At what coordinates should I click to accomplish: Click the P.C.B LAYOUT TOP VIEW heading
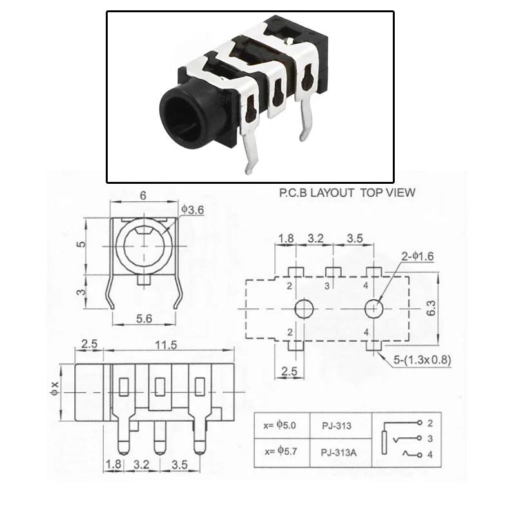(x=347, y=192)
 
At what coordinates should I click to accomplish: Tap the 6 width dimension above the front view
(x=143, y=195)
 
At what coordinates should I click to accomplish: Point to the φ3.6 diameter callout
(x=193, y=210)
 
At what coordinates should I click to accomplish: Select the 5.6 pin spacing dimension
(x=144, y=319)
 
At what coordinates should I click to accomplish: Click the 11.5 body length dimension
(x=166, y=345)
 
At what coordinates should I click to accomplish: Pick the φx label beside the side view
(x=55, y=388)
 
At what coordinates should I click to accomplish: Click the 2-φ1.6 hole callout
(x=417, y=256)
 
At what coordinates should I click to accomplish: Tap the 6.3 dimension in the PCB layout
(x=431, y=308)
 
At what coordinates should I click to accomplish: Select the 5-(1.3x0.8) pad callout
(x=422, y=360)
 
